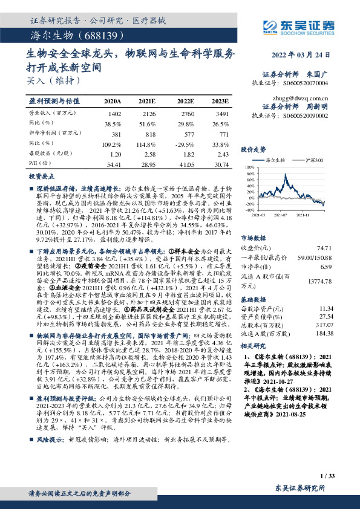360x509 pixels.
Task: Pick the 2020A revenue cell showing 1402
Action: click(113, 113)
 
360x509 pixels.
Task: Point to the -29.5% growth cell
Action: click(185, 145)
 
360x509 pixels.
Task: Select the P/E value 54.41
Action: click(113, 164)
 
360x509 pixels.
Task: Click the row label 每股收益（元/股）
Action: click(50, 154)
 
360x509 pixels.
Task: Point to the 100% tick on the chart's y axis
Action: click(249, 166)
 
